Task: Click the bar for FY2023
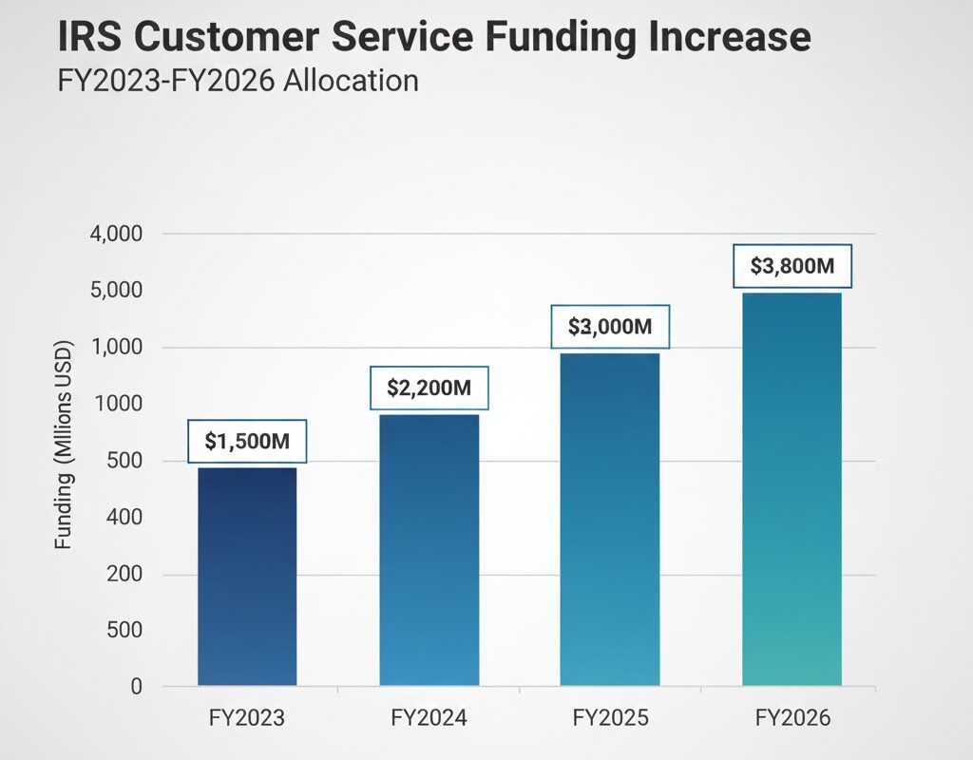pos(247,576)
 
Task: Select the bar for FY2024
pos(429,549)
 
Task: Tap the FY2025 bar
pos(609,519)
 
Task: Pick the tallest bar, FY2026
pos(792,488)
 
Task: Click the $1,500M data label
pos(247,441)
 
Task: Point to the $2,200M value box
pos(429,388)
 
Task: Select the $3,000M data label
pos(610,327)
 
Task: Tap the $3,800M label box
pos(792,266)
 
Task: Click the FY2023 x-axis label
pos(247,718)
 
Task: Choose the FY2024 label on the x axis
pos(429,718)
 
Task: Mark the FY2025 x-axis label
pos(609,718)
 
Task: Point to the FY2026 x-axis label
pos(792,718)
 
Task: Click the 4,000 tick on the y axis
pos(115,234)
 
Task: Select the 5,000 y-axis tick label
pos(115,290)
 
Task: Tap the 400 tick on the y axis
pos(124,518)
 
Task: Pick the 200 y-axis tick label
pos(124,575)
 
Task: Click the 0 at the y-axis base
pos(135,686)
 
